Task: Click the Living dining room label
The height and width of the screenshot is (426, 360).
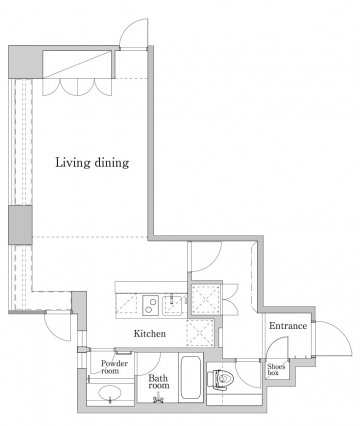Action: coord(92,163)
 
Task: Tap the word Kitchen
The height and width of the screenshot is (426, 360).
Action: coord(150,333)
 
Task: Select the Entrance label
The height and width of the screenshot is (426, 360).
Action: coord(288,326)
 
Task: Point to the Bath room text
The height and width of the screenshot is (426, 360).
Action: coord(159,382)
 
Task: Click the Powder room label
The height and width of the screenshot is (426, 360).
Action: coord(114,367)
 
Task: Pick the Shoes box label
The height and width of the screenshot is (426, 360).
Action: coord(276,370)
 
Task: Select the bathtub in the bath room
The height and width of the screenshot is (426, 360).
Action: coord(191,377)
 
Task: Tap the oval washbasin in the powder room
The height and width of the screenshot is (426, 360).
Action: coord(110,392)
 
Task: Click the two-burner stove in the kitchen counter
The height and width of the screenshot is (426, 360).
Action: coord(151,305)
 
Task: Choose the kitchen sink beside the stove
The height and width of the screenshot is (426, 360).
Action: coord(172,305)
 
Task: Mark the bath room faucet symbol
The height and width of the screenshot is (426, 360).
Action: coord(158,399)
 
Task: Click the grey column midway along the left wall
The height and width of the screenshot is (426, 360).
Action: coord(20,225)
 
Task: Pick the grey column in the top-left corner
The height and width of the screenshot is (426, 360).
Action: coord(25,62)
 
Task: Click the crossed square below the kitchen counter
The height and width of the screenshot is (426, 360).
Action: coord(200,332)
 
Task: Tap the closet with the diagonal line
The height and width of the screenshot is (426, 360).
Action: coord(78,64)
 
